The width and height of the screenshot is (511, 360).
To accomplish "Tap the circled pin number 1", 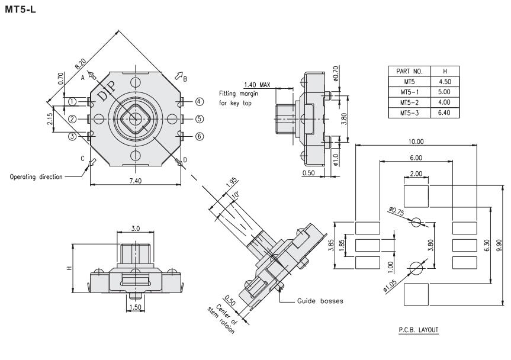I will pyautogui.click(x=72, y=101).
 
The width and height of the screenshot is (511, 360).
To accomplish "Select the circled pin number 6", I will pyautogui.click(x=200, y=136).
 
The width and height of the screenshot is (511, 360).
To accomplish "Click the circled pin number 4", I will pyautogui.click(x=200, y=101).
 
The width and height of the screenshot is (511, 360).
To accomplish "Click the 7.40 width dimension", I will pyautogui.click(x=134, y=179).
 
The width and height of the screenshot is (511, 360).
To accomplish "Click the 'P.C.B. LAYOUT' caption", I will pyautogui.click(x=422, y=330).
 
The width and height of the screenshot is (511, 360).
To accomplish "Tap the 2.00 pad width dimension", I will pyautogui.click(x=415, y=173).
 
